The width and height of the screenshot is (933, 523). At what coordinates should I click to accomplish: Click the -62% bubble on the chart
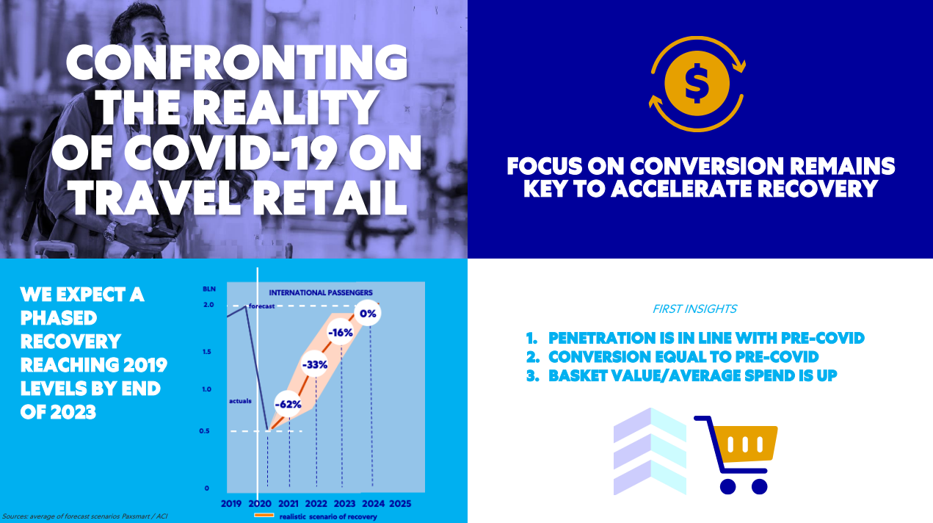(x=288, y=404)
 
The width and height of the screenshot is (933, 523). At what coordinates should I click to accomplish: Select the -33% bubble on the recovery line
(x=314, y=364)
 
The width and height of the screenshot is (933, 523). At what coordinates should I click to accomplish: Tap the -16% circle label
(x=341, y=333)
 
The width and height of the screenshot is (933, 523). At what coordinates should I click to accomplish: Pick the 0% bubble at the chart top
(x=368, y=313)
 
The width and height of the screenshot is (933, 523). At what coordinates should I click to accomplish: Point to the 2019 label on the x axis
(x=231, y=503)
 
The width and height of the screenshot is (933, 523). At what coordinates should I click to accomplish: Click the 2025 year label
(x=400, y=503)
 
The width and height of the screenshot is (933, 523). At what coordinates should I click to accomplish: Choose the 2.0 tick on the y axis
(x=208, y=305)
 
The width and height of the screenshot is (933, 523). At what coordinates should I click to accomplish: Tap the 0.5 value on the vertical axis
(x=204, y=430)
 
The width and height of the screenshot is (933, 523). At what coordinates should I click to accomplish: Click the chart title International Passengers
(x=321, y=292)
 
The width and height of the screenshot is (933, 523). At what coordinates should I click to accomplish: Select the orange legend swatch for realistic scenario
(x=264, y=515)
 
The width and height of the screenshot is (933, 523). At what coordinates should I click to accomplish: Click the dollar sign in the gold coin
(x=697, y=84)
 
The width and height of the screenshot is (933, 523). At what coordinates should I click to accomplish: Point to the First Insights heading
(x=694, y=309)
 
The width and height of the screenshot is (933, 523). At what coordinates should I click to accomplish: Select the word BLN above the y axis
(x=209, y=289)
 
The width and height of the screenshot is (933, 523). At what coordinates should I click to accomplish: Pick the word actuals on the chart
(x=240, y=401)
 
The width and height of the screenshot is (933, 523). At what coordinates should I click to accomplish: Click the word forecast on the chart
(x=261, y=306)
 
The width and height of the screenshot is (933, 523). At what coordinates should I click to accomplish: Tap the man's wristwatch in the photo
(x=110, y=231)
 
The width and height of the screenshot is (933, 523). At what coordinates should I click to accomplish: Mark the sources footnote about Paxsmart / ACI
(x=85, y=516)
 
